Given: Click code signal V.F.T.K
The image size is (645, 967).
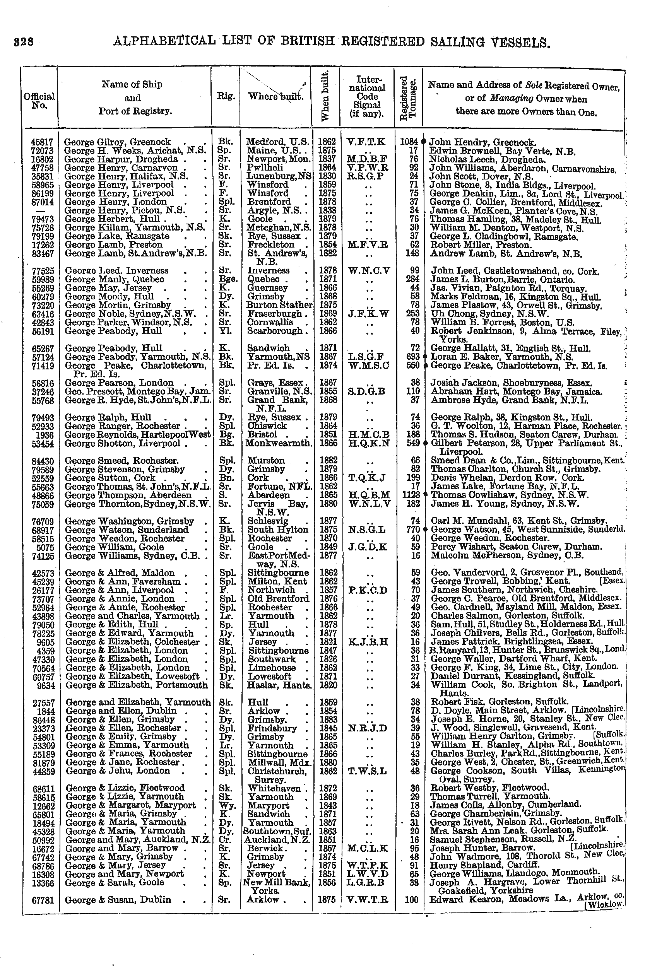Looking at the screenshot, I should [366, 142].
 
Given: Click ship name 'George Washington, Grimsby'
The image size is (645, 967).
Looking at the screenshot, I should [130, 521].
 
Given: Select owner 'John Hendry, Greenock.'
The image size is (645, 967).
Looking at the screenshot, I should [482, 143].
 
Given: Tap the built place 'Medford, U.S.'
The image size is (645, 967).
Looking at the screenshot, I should [278, 142].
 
